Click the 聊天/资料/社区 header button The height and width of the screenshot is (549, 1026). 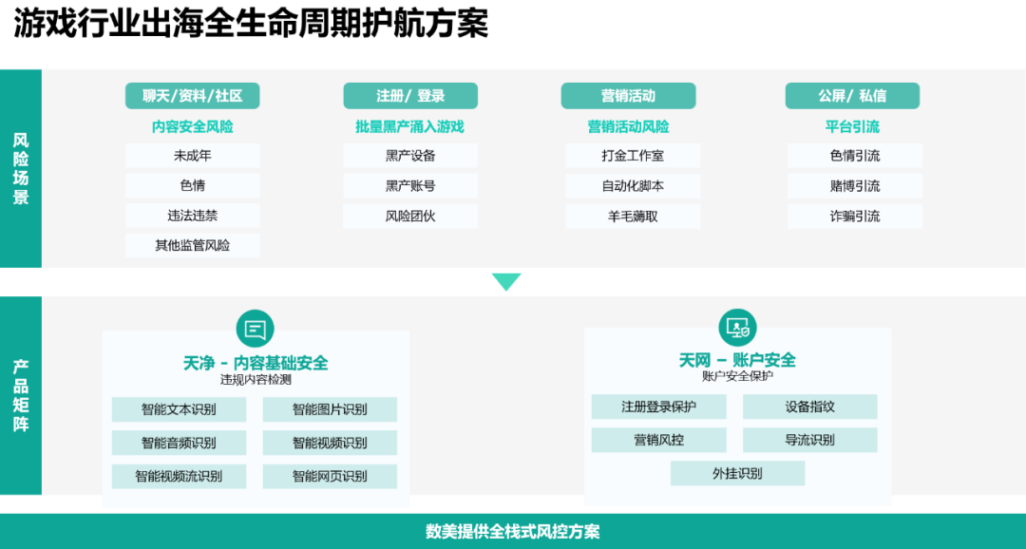coord(192,96)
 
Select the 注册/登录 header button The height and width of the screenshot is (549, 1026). coord(410,96)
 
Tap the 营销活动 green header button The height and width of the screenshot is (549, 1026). coord(628,96)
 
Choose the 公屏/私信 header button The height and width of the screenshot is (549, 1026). coord(852,96)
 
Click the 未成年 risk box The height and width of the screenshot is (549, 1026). coord(192,156)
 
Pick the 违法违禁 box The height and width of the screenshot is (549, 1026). coord(192,216)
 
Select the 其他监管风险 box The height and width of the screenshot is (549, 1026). coord(192,246)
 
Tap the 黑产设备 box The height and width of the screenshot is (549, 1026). coord(410,156)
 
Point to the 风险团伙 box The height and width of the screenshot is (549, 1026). coord(410,216)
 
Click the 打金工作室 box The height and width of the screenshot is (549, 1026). coord(633,156)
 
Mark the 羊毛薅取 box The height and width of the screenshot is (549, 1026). coord(633,217)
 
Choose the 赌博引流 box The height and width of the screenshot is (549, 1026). coord(854,186)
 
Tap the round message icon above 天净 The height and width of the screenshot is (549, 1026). coord(255,329)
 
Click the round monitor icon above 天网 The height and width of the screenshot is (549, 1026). coord(737,327)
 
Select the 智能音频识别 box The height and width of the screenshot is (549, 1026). coord(179,443)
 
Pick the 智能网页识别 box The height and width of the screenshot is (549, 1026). coord(330,476)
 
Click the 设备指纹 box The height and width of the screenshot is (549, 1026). coord(809,407)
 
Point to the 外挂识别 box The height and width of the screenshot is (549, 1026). coord(737,473)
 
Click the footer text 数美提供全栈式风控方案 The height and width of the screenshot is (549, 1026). coord(513,532)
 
